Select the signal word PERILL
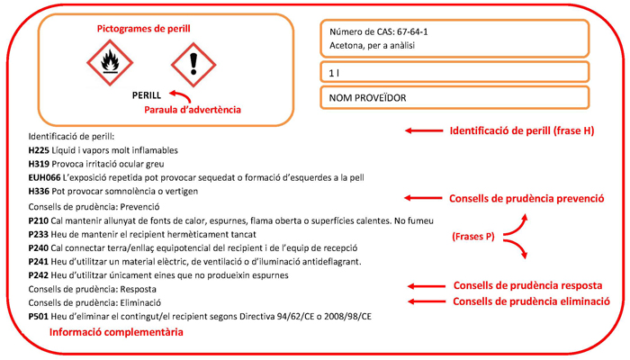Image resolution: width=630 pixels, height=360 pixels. (147, 94)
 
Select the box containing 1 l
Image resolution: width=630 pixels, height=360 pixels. (454, 72)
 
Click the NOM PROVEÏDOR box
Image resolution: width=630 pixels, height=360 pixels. (454, 96)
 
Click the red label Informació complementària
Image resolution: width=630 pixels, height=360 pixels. (116, 332)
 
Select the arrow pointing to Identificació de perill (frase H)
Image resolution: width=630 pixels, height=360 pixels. (422, 131)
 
